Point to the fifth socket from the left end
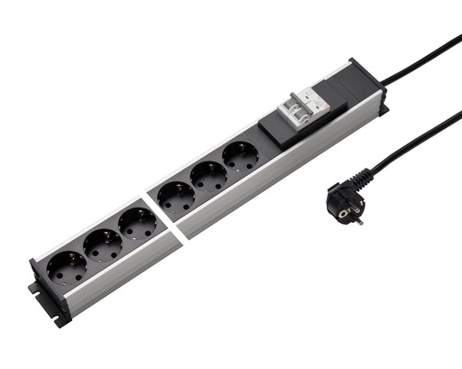(209, 175)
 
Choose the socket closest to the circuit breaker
(240, 157)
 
